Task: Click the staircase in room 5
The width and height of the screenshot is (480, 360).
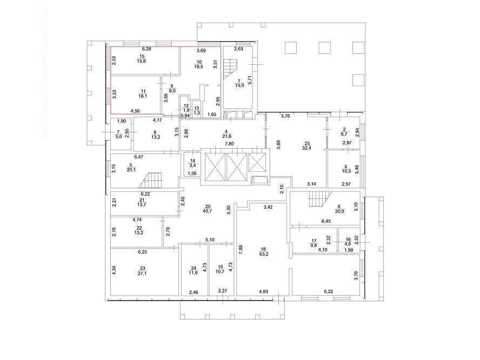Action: coord(151,180)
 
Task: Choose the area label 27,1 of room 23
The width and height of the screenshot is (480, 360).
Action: coord(142,274)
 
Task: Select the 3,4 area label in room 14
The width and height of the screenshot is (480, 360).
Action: coord(192,166)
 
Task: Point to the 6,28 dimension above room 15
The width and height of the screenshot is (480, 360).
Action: coord(146,49)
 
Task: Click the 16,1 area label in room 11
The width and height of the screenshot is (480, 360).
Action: coord(143,96)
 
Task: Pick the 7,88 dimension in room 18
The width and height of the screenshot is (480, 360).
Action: coord(241,250)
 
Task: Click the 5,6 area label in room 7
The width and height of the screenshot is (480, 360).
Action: coord(118,137)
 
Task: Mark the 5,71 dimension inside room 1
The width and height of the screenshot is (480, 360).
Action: coord(250,80)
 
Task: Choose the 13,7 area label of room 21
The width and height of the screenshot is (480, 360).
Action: coord(142,204)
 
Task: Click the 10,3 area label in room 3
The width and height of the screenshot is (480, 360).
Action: coord(346,171)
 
